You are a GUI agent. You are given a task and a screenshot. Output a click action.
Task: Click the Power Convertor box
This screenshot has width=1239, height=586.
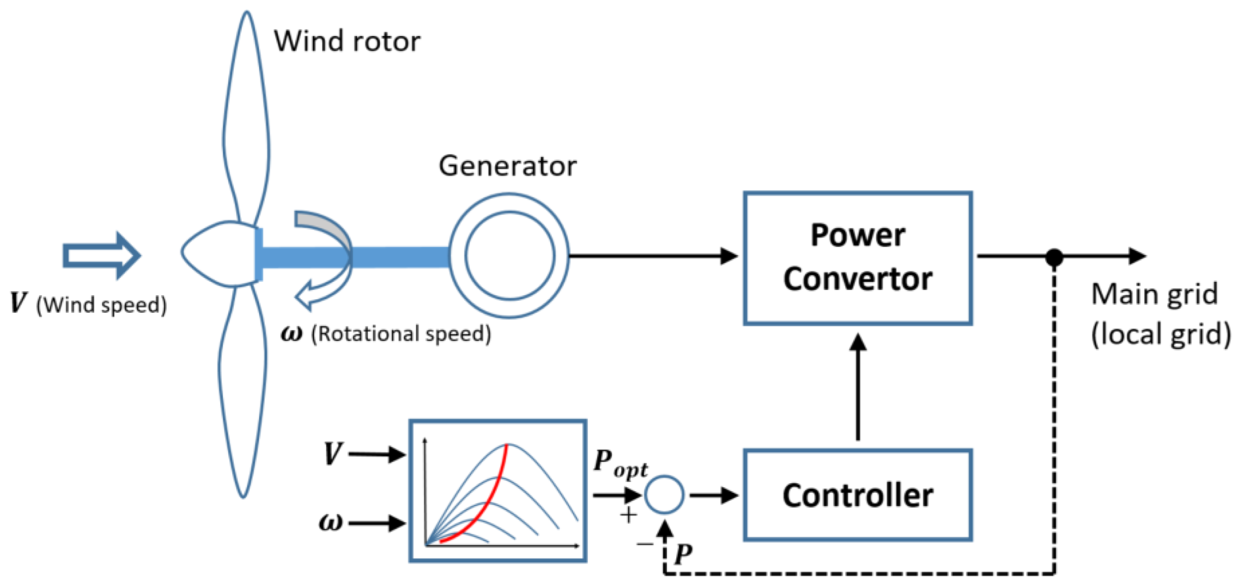coord(857,258)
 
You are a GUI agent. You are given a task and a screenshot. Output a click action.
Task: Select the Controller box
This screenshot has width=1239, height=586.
coord(857,495)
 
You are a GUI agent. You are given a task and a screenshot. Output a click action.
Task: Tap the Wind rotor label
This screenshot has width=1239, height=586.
coord(347,41)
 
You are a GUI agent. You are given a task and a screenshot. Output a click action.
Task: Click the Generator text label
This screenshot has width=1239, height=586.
coord(507,166)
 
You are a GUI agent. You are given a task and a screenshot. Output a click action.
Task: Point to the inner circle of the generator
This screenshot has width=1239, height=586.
coord(510,256)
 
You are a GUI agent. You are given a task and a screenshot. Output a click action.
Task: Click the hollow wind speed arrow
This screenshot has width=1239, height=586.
coord(102,256)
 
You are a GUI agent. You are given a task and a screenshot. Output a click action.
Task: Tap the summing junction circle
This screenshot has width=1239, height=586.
coord(664,495)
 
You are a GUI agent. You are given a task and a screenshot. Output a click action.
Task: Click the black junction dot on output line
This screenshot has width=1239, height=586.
coord(1054,258)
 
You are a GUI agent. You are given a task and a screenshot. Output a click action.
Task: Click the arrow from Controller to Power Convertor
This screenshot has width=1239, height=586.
coord(857,387)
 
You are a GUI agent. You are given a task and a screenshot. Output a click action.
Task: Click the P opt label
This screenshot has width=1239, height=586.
coord(619,463)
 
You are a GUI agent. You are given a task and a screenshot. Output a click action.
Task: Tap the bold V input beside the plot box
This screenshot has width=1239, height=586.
coord(332,454)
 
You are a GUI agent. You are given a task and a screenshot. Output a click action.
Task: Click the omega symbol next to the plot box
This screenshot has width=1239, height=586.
coord(331,522)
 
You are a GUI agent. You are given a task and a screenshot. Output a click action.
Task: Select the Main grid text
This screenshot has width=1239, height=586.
coord(1154,295)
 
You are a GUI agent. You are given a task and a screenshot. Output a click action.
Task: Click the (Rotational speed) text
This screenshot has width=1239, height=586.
coord(400,334)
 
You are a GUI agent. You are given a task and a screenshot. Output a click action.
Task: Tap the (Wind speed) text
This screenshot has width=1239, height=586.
coord(101,305)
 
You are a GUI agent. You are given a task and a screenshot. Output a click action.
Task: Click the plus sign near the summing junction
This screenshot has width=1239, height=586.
coord(628,516)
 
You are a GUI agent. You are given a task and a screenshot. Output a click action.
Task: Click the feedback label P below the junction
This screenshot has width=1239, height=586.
coord(683,554)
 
